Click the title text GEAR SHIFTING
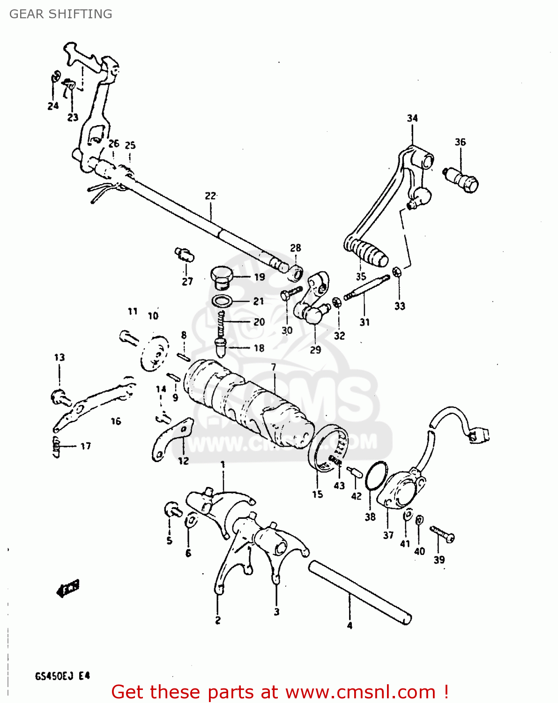click(61, 14)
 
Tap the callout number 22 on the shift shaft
click(210, 196)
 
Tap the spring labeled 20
click(221, 322)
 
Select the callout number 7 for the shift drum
click(273, 367)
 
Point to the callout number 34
click(412, 118)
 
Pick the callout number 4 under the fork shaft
click(350, 625)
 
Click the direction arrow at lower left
click(68, 588)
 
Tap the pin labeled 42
click(355, 471)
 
